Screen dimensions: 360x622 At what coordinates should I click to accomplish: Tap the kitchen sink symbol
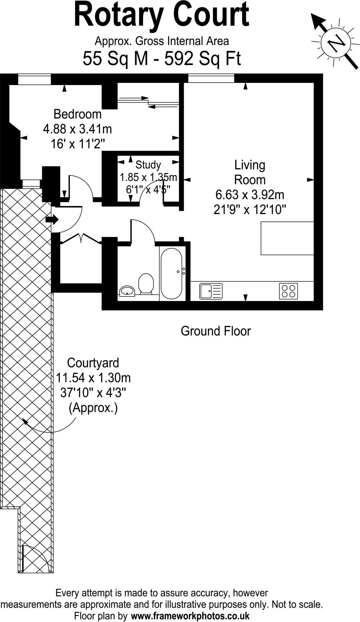coord(211,291)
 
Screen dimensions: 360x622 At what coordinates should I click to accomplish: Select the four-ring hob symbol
coord(289,291)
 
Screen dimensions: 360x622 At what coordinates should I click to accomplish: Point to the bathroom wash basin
coord(128,291)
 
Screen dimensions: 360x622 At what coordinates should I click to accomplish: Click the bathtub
coord(171,274)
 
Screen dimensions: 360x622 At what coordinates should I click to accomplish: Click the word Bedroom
coord(77,114)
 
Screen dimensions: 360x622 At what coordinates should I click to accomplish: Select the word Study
coord(148,165)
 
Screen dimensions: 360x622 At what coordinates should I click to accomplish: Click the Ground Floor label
coord(216,331)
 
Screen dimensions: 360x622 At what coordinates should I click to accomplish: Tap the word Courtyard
coord(93,363)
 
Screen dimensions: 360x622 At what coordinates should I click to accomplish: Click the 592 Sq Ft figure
coord(203,59)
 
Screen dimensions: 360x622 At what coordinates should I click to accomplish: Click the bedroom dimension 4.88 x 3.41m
coord(77,129)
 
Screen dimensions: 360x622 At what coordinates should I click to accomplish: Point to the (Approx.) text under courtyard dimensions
coord(93,408)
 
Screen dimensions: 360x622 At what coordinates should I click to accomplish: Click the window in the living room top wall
coord(211,79)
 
